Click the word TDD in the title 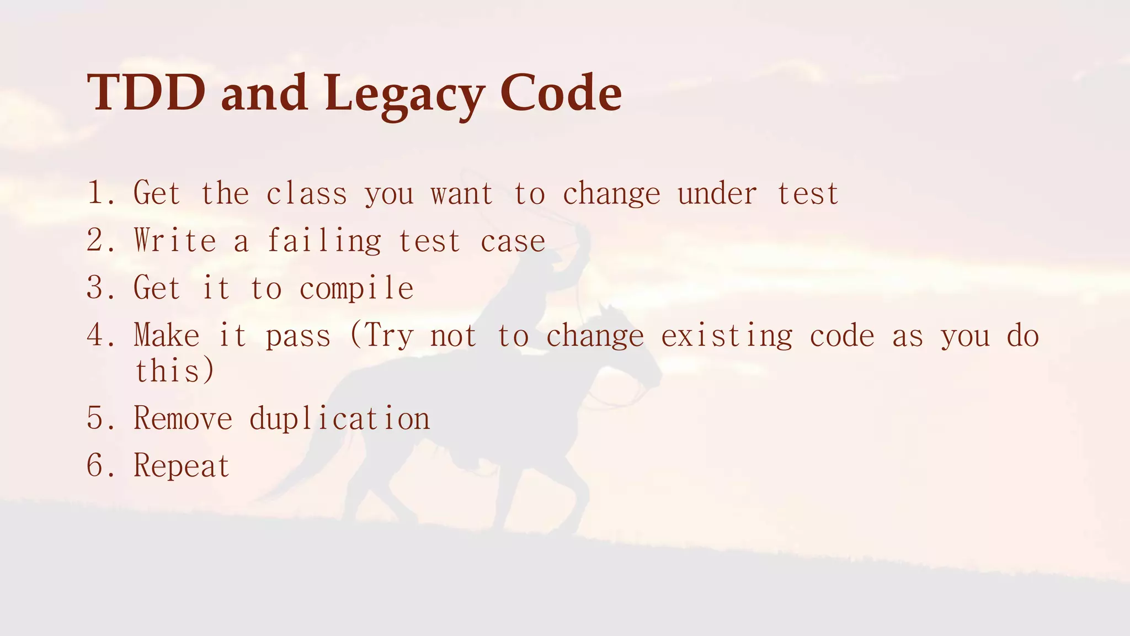pos(146,93)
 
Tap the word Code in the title pos(561,93)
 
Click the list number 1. pos(96,193)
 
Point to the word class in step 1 pos(307,194)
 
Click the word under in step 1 pos(717,194)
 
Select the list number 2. pos(96,241)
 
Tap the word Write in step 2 pos(174,241)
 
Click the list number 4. pos(96,335)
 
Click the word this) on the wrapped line pos(174,370)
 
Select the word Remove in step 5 pos(183,418)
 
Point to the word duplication pos(339,418)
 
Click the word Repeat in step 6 pos(182,466)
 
